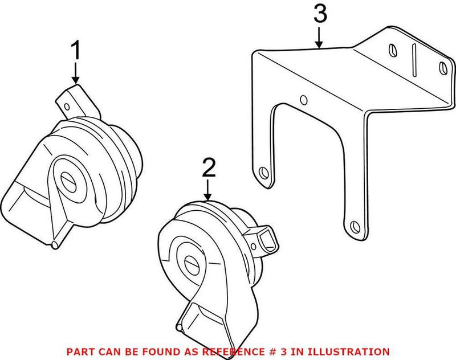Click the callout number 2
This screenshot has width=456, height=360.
click(209, 167)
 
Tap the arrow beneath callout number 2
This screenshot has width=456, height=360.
click(209, 190)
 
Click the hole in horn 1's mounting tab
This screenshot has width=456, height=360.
click(68, 106)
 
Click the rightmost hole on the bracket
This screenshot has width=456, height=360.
click(442, 68)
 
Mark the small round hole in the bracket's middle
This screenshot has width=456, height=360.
click(304, 101)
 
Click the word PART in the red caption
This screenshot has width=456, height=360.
click(80, 351)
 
